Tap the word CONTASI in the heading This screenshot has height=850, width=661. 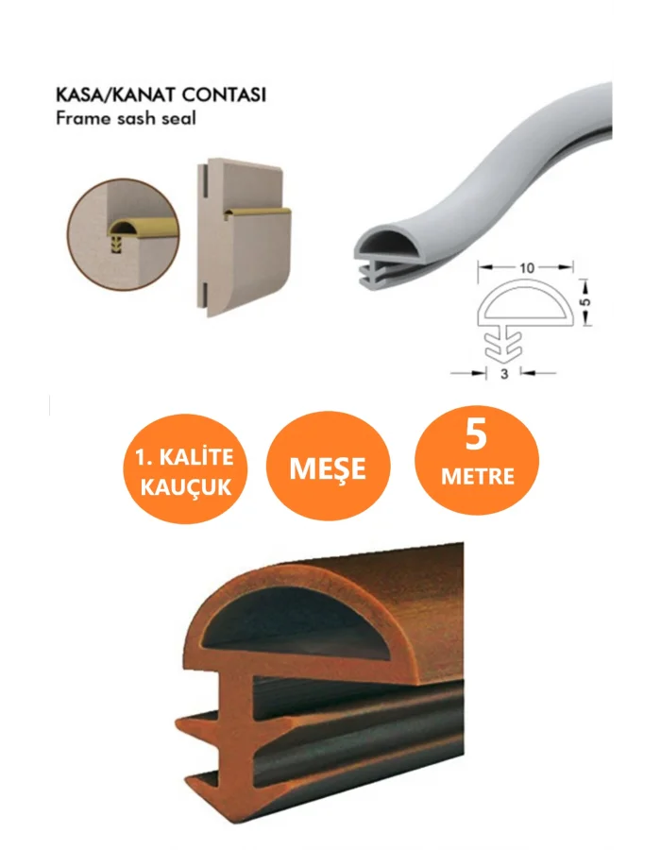click(x=224, y=94)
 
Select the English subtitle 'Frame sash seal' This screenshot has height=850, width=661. click(x=126, y=118)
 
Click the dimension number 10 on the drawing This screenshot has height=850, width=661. click(x=526, y=268)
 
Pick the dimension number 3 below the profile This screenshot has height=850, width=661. click(x=504, y=373)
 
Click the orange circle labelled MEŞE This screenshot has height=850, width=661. click(x=328, y=466)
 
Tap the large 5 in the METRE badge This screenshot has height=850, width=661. click(x=476, y=434)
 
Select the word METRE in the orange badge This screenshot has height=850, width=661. click(x=477, y=477)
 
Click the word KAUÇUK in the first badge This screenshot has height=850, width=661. click(x=186, y=486)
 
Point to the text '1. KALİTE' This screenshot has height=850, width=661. click(x=185, y=457)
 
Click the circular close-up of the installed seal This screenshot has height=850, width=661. click(x=123, y=235)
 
